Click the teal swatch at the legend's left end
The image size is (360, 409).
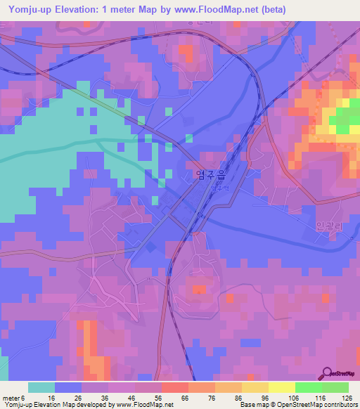[41, 387]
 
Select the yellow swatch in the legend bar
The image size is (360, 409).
[281, 387]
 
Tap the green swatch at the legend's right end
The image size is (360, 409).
[335, 387]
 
